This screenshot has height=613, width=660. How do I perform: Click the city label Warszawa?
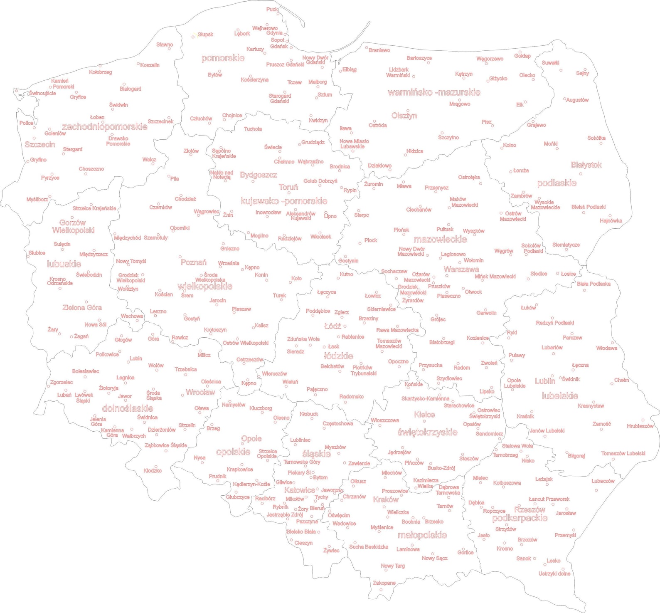pyautogui.click(x=461, y=269)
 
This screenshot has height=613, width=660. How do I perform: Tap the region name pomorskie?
pyautogui.click(x=223, y=58)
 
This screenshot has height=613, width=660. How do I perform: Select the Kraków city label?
pyautogui.click(x=385, y=499)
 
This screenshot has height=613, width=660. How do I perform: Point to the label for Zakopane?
pyautogui.click(x=384, y=583)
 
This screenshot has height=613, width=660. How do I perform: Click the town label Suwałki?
pyautogui.click(x=550, y=63)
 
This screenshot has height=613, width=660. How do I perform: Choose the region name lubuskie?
pyautogui.click(x=64, y=264)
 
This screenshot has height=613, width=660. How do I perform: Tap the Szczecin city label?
pyautogui.click(x=40, y=144)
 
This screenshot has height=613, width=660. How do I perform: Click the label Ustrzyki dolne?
pyautogui.click(x=554, y=573)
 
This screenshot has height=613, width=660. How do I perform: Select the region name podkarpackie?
pyautogui.click(x=520, y=518)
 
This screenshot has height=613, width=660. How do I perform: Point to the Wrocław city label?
pyautogui.click(x=200, y=392)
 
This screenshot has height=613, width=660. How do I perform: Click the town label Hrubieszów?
pyautogui.click(x=640, y=426)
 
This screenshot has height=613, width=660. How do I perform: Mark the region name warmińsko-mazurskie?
pyautogui.click(x=434, y=92)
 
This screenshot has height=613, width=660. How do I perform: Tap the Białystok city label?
pyautogui.click(x=586, y=165)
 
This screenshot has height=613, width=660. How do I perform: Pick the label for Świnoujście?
pyautogui.click(x=42, y=93)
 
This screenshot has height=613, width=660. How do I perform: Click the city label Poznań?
pyautogui.click(x=193, y=262)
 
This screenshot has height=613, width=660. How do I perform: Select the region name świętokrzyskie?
pyautogui.click(x=427, y=432)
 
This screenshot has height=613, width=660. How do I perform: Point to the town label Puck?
pyautogui.click(x=272, y=9)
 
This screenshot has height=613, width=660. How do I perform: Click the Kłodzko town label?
pyautogui.click(x=153, y=470)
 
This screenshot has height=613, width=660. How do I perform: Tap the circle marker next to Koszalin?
pyautogui.click(x=138, y=64)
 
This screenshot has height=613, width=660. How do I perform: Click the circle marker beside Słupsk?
pyautogui.click(x=193, y=37)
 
